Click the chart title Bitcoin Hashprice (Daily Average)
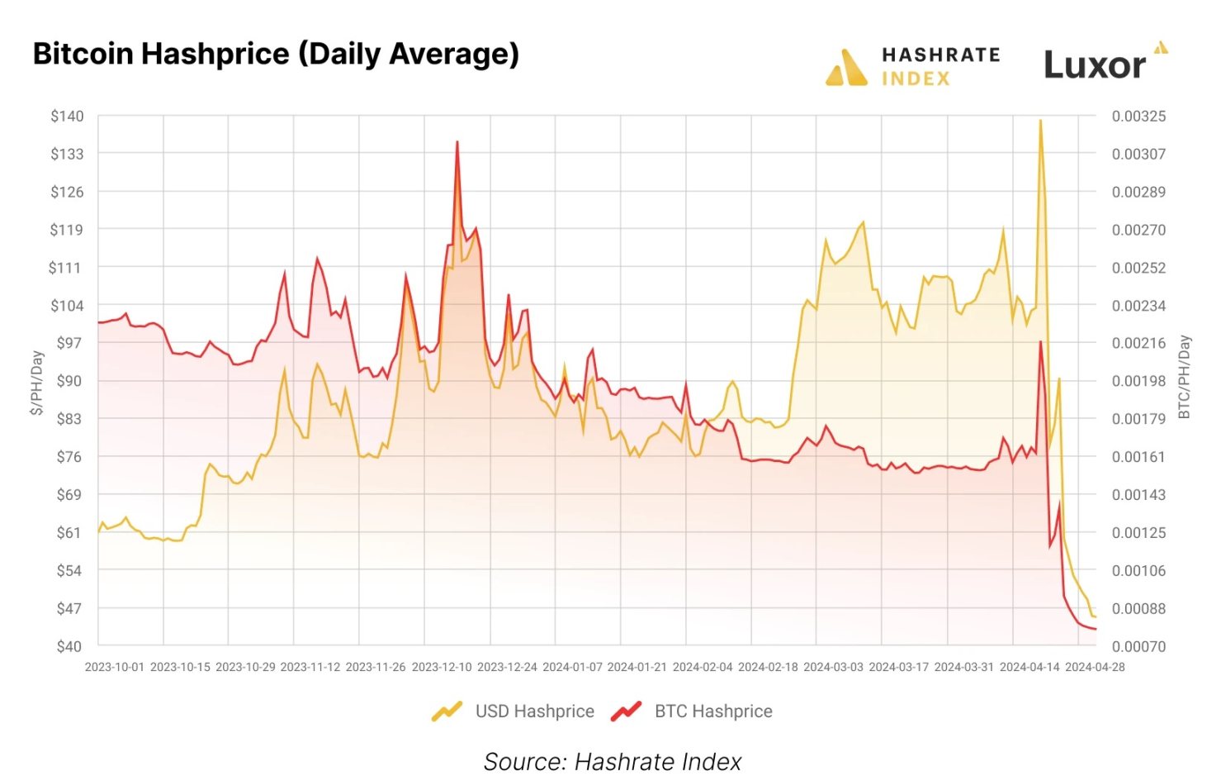276,54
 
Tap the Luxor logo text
1095,65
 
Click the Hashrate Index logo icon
846,68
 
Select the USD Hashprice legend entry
514,711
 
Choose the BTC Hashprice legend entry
692,711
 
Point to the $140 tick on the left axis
68,116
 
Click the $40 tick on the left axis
69,646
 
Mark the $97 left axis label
69,343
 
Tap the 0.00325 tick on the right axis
1138,116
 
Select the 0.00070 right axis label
1138,646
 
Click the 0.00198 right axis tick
1138,381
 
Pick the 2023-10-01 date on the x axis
115,667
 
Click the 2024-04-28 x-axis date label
1095,667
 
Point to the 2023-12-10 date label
442,667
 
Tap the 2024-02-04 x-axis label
703,667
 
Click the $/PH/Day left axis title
37,382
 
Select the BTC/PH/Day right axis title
1185,377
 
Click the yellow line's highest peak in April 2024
1040,121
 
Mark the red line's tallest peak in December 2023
457,142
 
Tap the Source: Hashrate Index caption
613,761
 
